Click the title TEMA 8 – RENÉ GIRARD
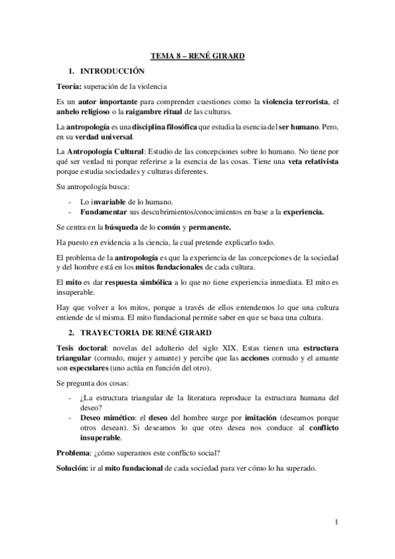tap(197, 57)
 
